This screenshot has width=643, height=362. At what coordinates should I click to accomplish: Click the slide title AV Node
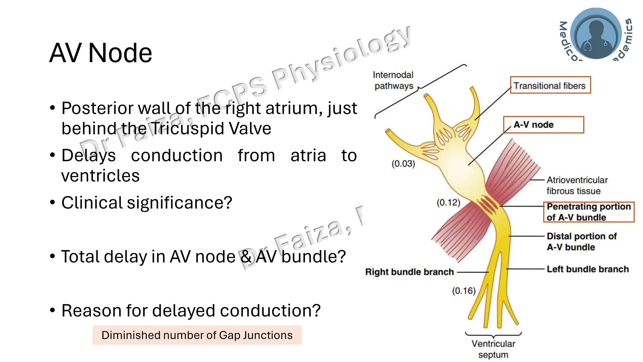pos(100,53)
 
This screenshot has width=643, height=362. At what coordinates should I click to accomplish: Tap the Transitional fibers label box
pos(550,85)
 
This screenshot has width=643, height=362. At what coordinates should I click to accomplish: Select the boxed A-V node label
pos(543,125)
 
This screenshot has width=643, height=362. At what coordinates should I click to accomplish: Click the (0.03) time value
pos(403,164)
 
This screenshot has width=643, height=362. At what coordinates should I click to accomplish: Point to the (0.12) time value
pos(448,203)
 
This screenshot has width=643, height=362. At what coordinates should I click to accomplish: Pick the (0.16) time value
pos(464,291)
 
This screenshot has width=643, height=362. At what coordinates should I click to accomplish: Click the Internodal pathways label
pos(393,80)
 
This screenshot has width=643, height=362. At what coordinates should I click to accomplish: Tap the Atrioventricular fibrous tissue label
pos(577,185)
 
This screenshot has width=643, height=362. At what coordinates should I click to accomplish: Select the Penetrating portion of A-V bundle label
pos(588,212)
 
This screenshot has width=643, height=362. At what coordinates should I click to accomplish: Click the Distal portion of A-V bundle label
pos(581,242)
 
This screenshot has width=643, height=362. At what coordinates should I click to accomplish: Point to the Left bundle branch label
pos(587,269)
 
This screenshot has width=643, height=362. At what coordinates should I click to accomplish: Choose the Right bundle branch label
pos(409,272)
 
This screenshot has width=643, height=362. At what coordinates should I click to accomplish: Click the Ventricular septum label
pos(493,349)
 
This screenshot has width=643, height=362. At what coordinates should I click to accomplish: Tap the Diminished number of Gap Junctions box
pos(197,335)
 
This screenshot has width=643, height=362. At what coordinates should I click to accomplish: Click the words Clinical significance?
pos(147,203)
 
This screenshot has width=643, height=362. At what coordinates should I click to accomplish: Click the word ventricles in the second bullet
pos(100,176)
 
